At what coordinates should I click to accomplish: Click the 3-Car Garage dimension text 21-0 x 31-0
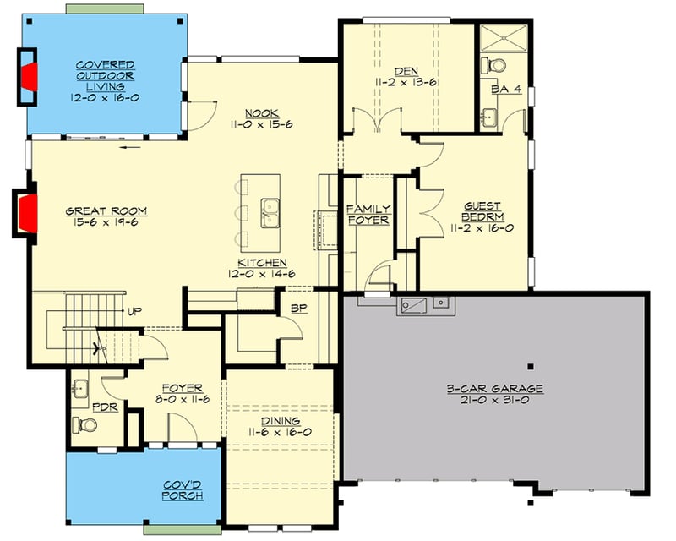click(494, 401)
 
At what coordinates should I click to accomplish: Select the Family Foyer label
click(369, 214)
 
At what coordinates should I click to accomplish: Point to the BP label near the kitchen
click(297, 308)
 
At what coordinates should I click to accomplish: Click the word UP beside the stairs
click(134, 312)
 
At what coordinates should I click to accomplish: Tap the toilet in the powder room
click(81, 423)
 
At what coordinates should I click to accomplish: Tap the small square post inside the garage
click(530, 367)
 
